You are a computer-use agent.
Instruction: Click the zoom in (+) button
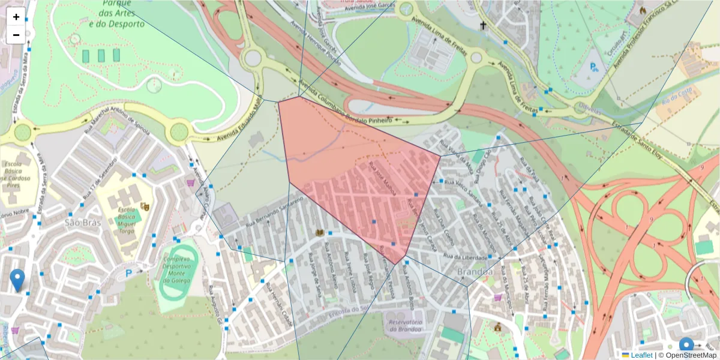16,17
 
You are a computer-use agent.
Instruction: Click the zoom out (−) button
16,35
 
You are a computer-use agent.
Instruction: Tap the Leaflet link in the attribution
641,355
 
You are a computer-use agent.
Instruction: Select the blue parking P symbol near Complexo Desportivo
128,274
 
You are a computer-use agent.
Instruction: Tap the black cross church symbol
483,26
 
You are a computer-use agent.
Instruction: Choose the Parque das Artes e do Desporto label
116,14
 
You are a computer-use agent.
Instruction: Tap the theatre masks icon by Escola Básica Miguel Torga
144,206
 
